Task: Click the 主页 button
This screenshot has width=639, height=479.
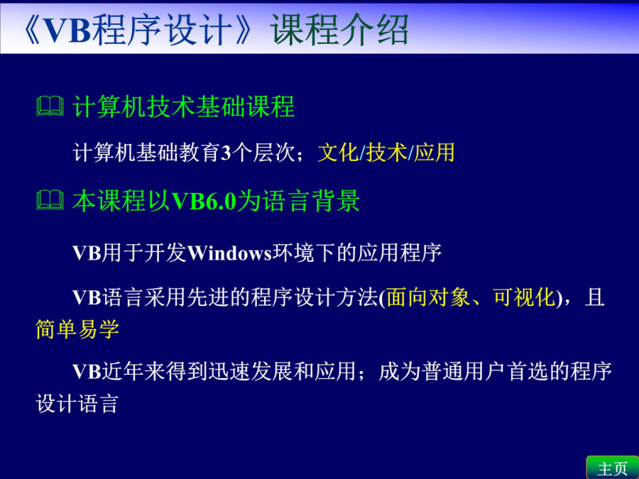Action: click(613, 468)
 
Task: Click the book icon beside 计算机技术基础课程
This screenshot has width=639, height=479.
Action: click(50, 106)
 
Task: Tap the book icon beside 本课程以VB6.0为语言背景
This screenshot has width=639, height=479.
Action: click(50, 200)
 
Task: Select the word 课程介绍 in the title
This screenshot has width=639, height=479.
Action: click(339, 29)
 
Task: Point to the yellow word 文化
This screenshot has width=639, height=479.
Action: click(338, 153)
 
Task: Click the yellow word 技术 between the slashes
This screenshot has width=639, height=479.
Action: click(386, 153)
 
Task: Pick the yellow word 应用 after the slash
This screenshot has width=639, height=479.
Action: click(434, 153)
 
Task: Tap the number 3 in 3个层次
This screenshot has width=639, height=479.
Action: click(226, 153)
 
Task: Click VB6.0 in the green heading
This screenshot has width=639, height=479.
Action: click(204, 201)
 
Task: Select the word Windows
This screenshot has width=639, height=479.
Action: click(229, 253)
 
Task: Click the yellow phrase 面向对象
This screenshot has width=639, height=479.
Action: click(428, 297)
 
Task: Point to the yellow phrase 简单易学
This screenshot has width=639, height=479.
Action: click(77, 329)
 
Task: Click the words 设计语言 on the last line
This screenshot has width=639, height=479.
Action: click(77, 404)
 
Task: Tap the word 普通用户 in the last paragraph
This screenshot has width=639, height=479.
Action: click(464, 371)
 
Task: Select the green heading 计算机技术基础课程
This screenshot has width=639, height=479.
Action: click(183, 106)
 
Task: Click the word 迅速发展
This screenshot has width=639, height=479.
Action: click(250, 371)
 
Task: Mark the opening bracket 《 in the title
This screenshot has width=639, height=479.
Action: click(32, 29)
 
